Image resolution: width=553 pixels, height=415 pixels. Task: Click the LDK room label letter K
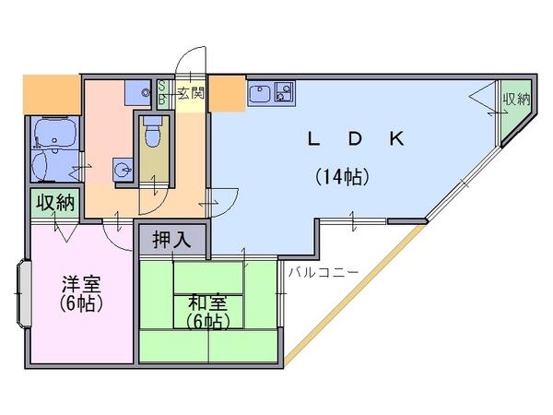click(396, 138)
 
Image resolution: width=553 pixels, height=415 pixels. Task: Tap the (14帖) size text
click(342, 177)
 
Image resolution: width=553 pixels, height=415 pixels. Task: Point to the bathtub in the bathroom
click(54, 132)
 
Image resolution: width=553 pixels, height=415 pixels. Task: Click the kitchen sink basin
click(260, 93)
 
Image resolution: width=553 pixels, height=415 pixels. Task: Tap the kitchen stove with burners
click(284, 92)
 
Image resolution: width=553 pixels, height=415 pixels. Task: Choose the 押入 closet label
click(171, 240)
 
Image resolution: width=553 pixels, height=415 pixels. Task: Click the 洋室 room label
click(81, 283)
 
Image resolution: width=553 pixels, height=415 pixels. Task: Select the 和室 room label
click(207, 302)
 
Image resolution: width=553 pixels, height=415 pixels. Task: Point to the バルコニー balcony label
click(324, 272)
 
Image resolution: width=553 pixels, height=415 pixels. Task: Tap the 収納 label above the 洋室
click(56, 203)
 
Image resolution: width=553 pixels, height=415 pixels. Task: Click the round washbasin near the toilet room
click(124, 170)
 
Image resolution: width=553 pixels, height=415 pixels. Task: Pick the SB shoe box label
click(162, 92)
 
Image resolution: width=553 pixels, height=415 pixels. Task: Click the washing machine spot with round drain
click(138, 93)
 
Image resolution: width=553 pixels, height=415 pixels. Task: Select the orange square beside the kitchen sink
click(227, 93)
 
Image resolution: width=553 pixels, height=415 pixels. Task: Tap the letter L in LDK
click(313, 138)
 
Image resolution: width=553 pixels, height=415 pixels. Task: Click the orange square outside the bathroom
click(52, 94)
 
